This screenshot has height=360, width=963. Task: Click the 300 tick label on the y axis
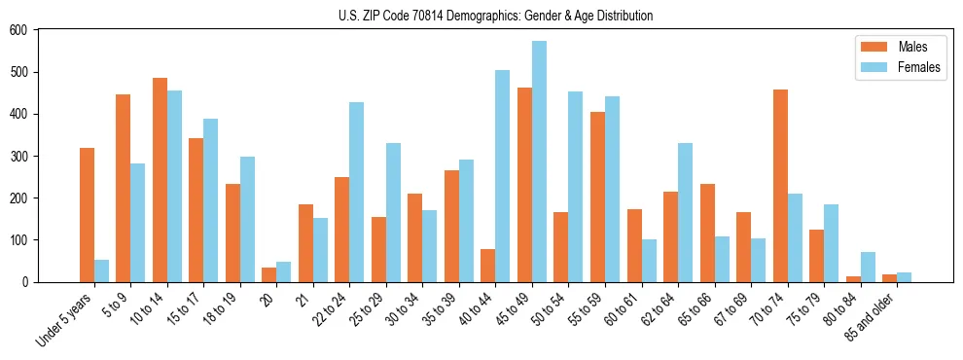18,156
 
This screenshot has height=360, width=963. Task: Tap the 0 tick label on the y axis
25,282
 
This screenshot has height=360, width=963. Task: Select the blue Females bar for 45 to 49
539,162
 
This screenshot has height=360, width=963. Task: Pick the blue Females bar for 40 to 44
503,176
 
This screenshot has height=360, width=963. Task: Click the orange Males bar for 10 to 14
160,180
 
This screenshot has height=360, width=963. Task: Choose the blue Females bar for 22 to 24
357,192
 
